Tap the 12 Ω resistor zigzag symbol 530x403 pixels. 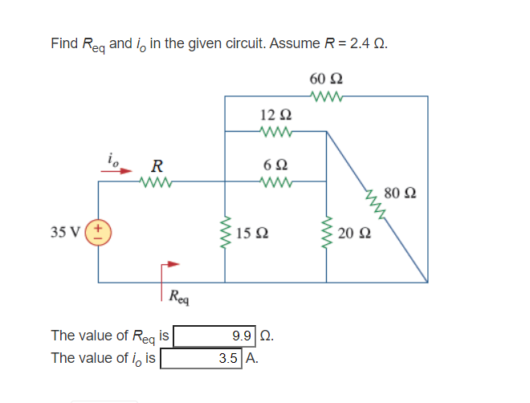pyautogui.click(x=275, y=131)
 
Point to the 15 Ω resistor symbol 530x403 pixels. pyautogui.click(x=225, y=233)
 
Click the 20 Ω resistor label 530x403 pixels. pyautogui.click(x=351, y=234)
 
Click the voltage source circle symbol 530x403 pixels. pyautogui.click(x=99, y=233)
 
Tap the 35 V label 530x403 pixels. pyautogui.click(x=64, y=233)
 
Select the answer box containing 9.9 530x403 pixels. pyautogui.click(x=216, y=336)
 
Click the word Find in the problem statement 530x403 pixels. pyautogui.click(x=63, y=43)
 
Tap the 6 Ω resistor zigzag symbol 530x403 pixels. pyautogui.click(x=275, y=182)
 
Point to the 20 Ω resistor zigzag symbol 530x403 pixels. pyautogui.click(x=326, y=233)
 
